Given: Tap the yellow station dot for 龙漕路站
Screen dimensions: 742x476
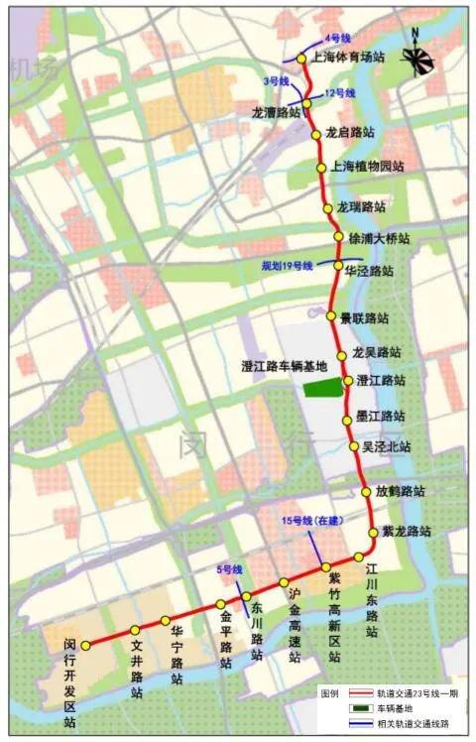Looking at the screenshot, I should coord(306,103).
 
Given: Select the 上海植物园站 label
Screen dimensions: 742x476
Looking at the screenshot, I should coord(368,166).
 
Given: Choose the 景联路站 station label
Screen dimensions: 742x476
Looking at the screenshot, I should coord(364,318).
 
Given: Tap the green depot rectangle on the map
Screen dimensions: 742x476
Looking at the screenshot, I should coord(320,388).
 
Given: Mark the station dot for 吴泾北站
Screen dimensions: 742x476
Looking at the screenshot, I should coord(354,447).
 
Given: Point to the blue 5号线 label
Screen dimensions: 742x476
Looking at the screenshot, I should coord(230,570).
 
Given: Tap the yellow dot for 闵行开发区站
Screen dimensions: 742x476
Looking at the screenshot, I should coord(86,645).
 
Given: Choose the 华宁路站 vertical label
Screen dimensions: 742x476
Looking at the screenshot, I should coord(177,656).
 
